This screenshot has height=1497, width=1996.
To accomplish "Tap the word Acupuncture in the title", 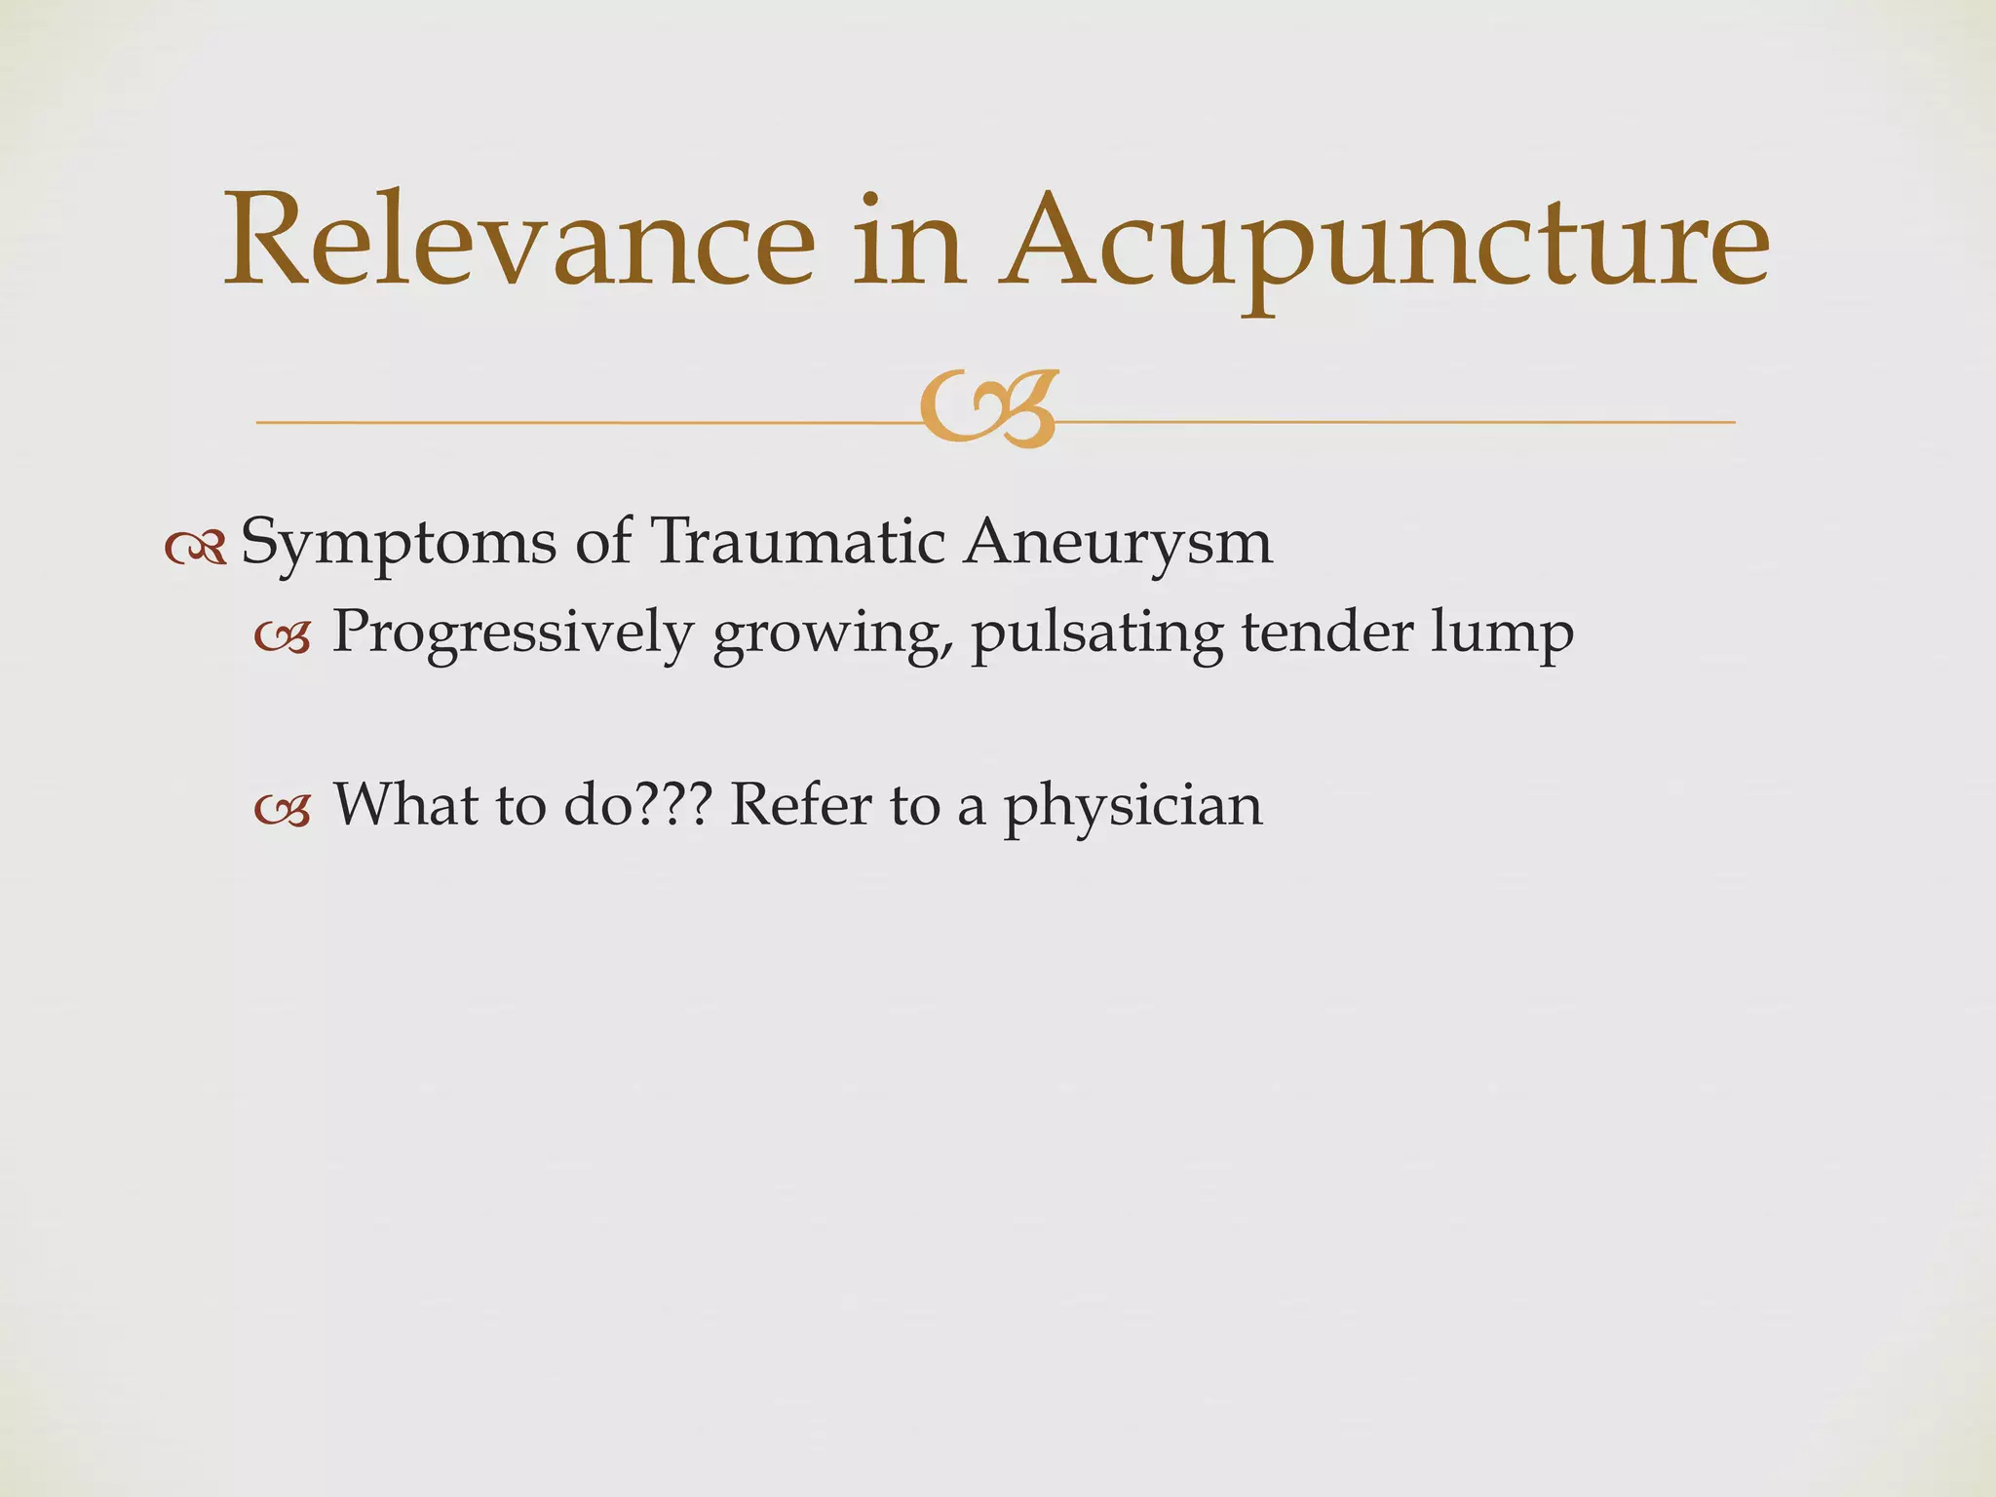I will click(x=1384, y=244).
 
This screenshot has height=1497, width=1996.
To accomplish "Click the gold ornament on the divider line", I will click(x=988, y=409).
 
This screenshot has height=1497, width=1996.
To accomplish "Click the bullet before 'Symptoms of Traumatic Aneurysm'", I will click(x=196, y=550).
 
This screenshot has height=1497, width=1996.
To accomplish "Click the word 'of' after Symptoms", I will click(x=603, y=542).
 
